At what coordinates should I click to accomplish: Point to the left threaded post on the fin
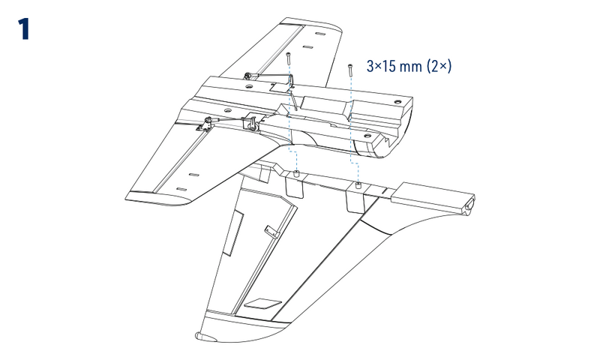click(x=296, y=175)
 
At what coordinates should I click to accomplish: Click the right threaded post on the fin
click(x=358, y=184)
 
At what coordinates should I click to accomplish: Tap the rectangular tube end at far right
click(x=468, y=202)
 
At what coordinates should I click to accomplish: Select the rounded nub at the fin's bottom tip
click(x=199, y=334)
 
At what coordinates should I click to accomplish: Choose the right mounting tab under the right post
click(x=353, y=199)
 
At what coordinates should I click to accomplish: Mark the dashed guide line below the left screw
click(x=289, y=120)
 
